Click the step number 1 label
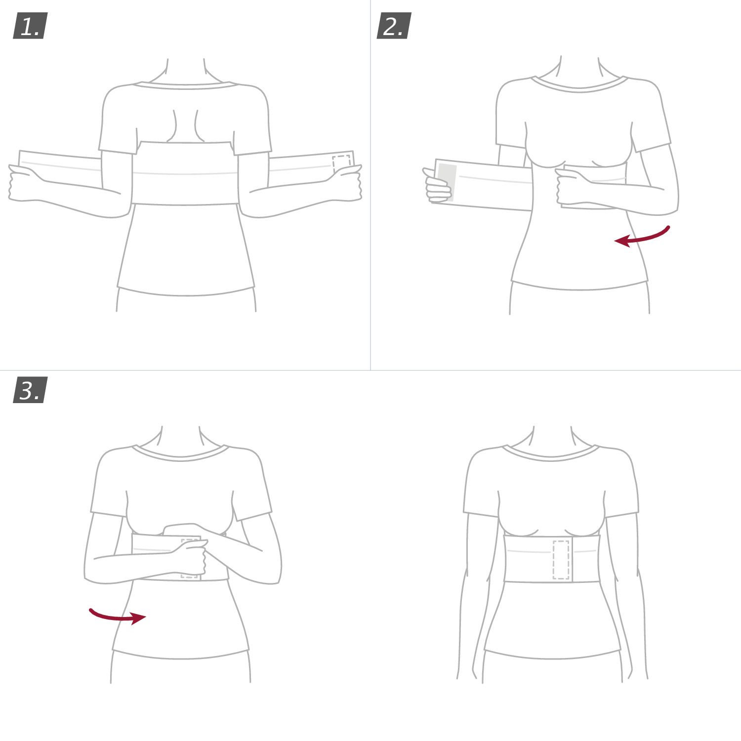pos(30,26)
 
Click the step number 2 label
pos(394,26)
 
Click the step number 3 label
pos(30,390)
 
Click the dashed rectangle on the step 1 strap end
pos(341,163)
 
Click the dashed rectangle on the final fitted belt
pos(561,560)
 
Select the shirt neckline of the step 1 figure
pos(186,86)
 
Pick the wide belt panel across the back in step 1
pos(185,173)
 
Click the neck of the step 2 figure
pos(579,69)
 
